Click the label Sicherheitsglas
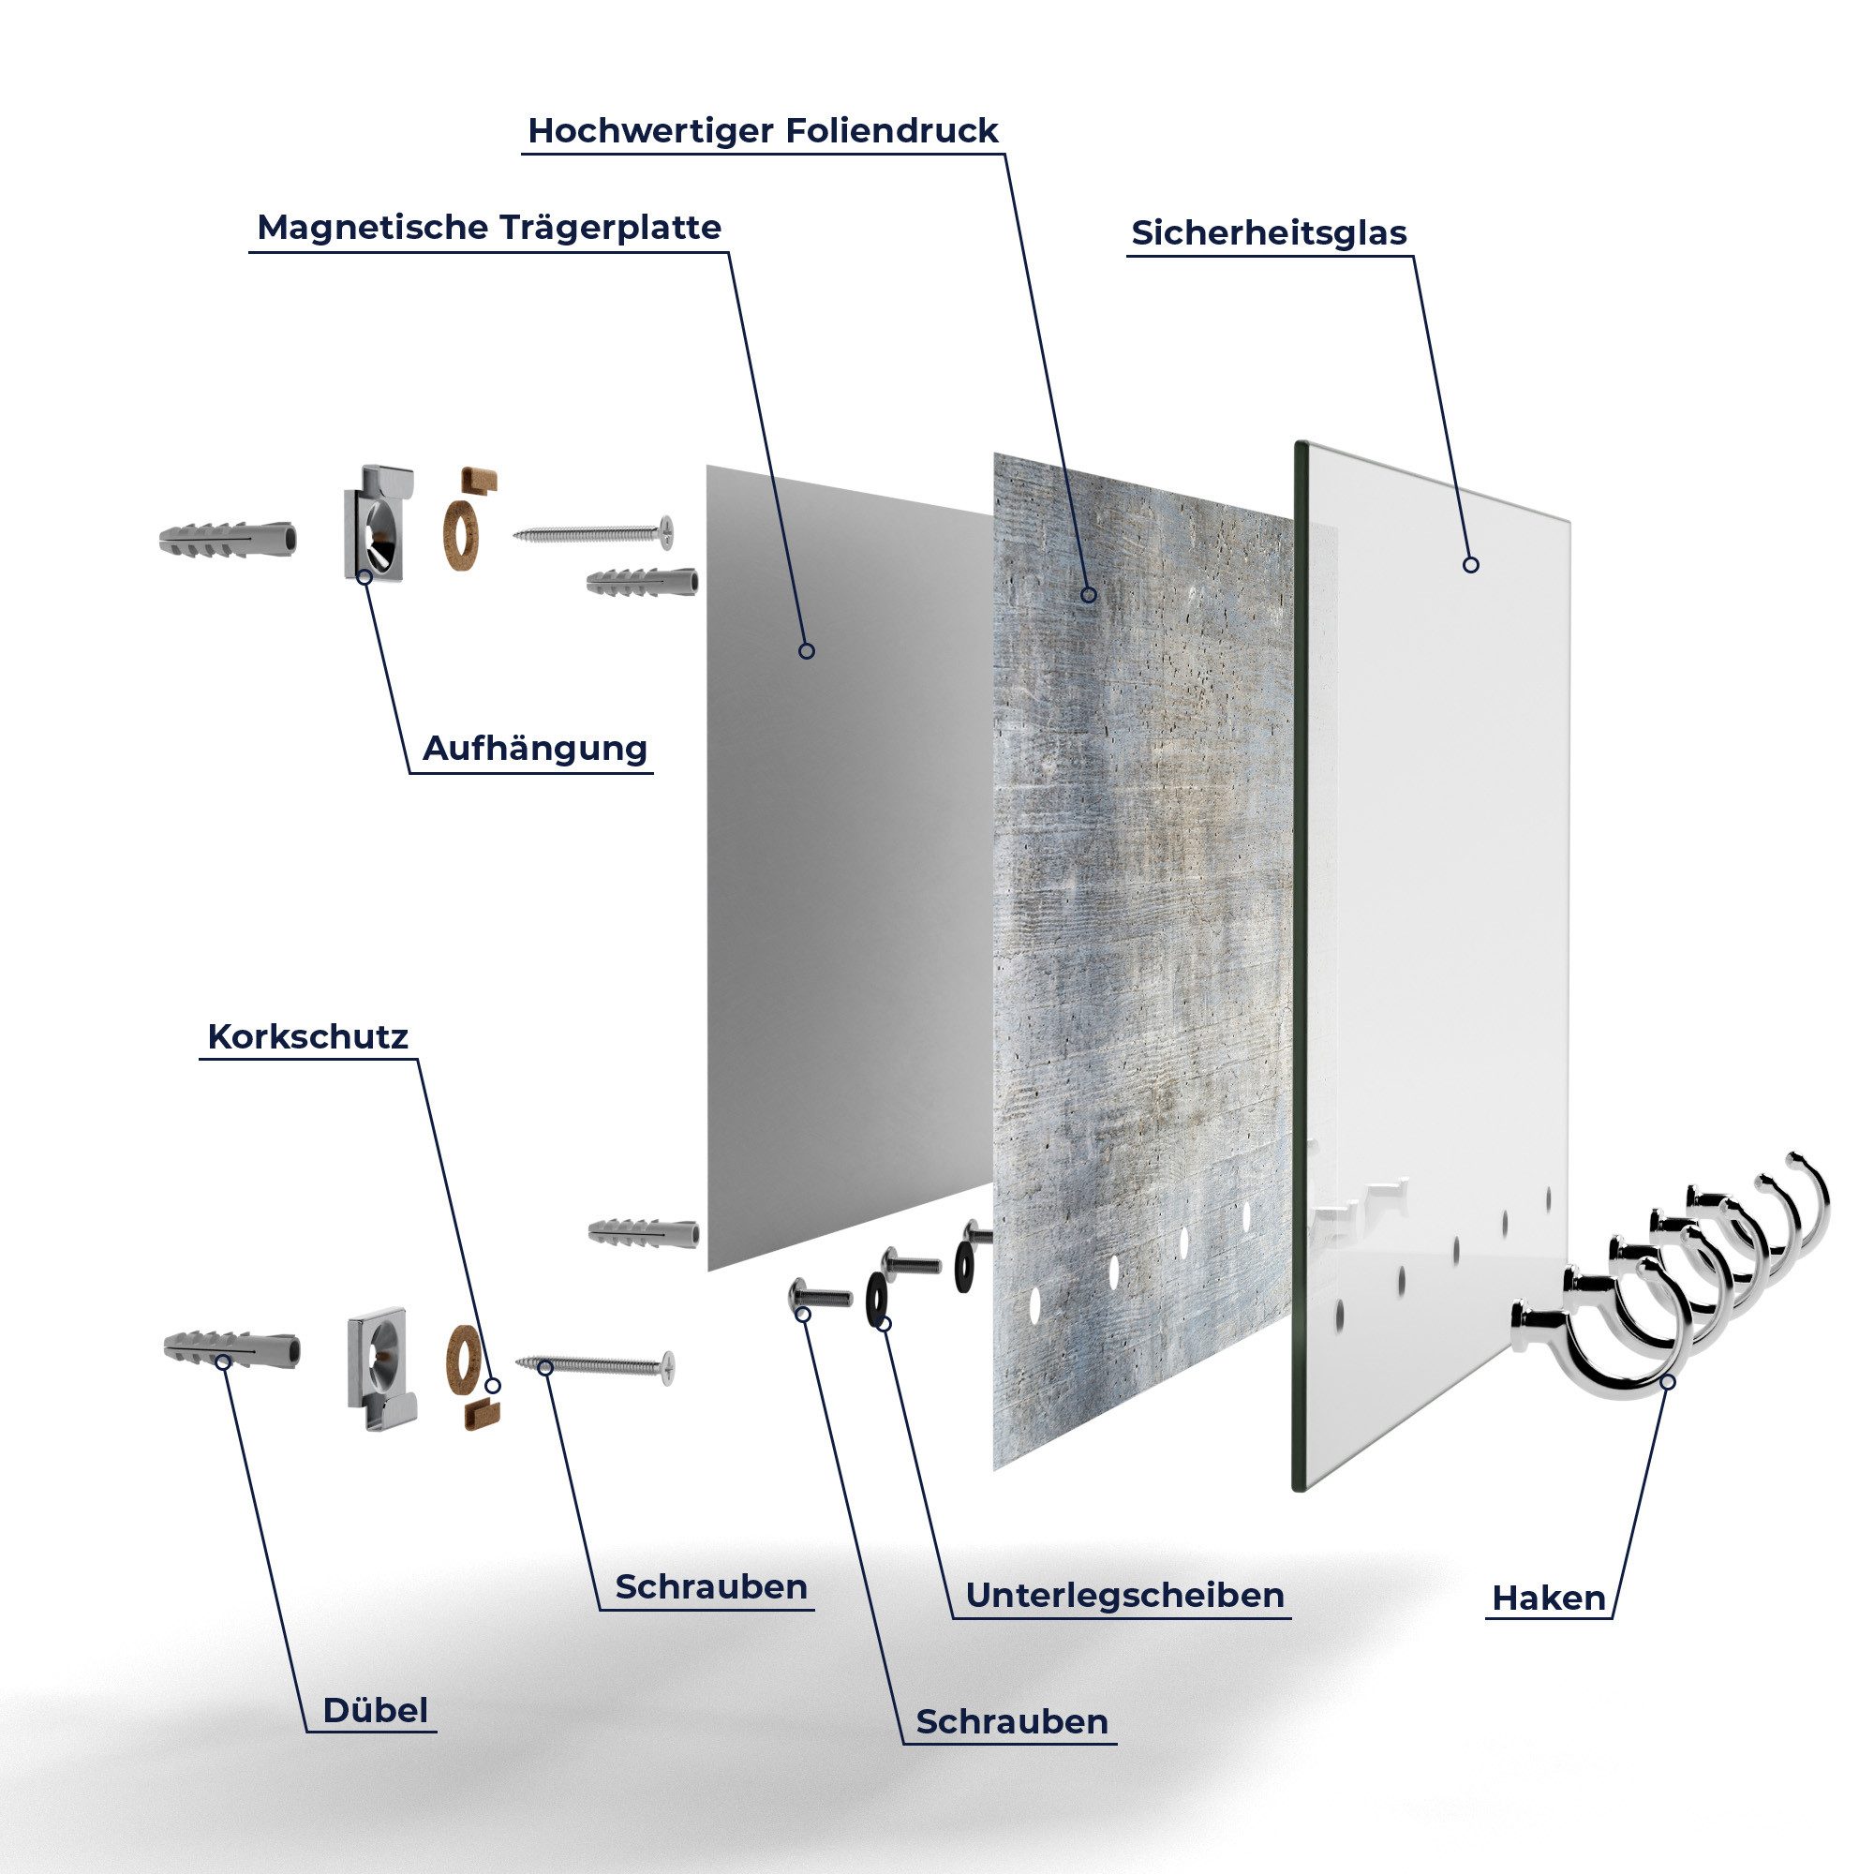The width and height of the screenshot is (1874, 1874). point(1269,232)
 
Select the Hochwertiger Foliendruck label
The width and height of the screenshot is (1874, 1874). point(763,131)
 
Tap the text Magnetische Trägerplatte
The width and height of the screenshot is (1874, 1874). point(489,228)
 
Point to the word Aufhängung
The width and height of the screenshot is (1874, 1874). point(535,749)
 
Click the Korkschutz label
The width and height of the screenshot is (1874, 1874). point(307,1037)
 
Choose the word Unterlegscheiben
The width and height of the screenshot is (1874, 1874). point(1125,1595)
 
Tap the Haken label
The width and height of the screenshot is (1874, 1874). point(1549,1598)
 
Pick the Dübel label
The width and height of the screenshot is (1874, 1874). point(376,1709)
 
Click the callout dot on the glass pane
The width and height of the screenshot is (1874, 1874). point(1470,564)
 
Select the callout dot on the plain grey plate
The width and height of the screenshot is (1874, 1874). point(806,651)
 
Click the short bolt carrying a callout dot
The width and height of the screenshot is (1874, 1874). point(819,1294)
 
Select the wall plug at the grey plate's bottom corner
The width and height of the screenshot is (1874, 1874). point(643,1233)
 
